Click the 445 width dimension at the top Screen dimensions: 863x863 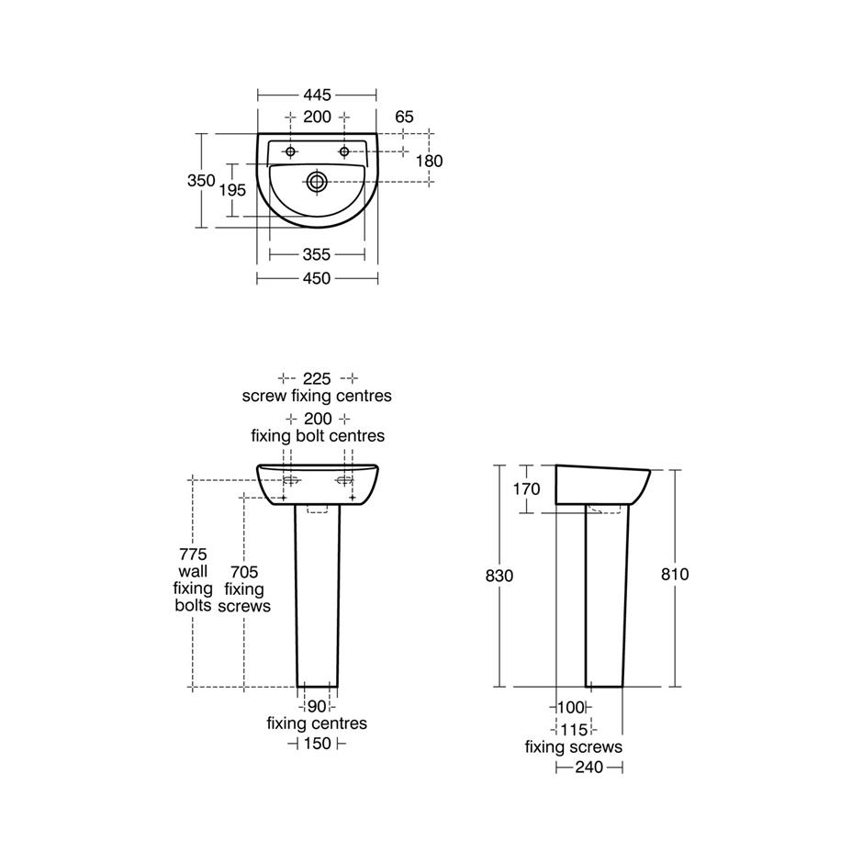318,95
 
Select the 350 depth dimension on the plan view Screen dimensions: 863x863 201,181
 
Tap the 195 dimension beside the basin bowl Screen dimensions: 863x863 232,190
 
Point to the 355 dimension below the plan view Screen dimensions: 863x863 316,254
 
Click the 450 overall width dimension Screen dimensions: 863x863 317,278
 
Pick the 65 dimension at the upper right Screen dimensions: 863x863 404,117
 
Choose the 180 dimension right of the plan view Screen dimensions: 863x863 429,161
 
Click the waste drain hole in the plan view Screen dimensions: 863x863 318,181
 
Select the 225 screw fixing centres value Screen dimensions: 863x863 317,378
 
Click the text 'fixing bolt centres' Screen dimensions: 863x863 318,435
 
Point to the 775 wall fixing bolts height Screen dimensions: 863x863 194,555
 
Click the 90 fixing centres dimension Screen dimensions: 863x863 317,706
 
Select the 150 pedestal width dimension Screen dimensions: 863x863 317,744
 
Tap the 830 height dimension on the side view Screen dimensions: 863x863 499,575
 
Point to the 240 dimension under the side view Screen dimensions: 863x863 588,767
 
